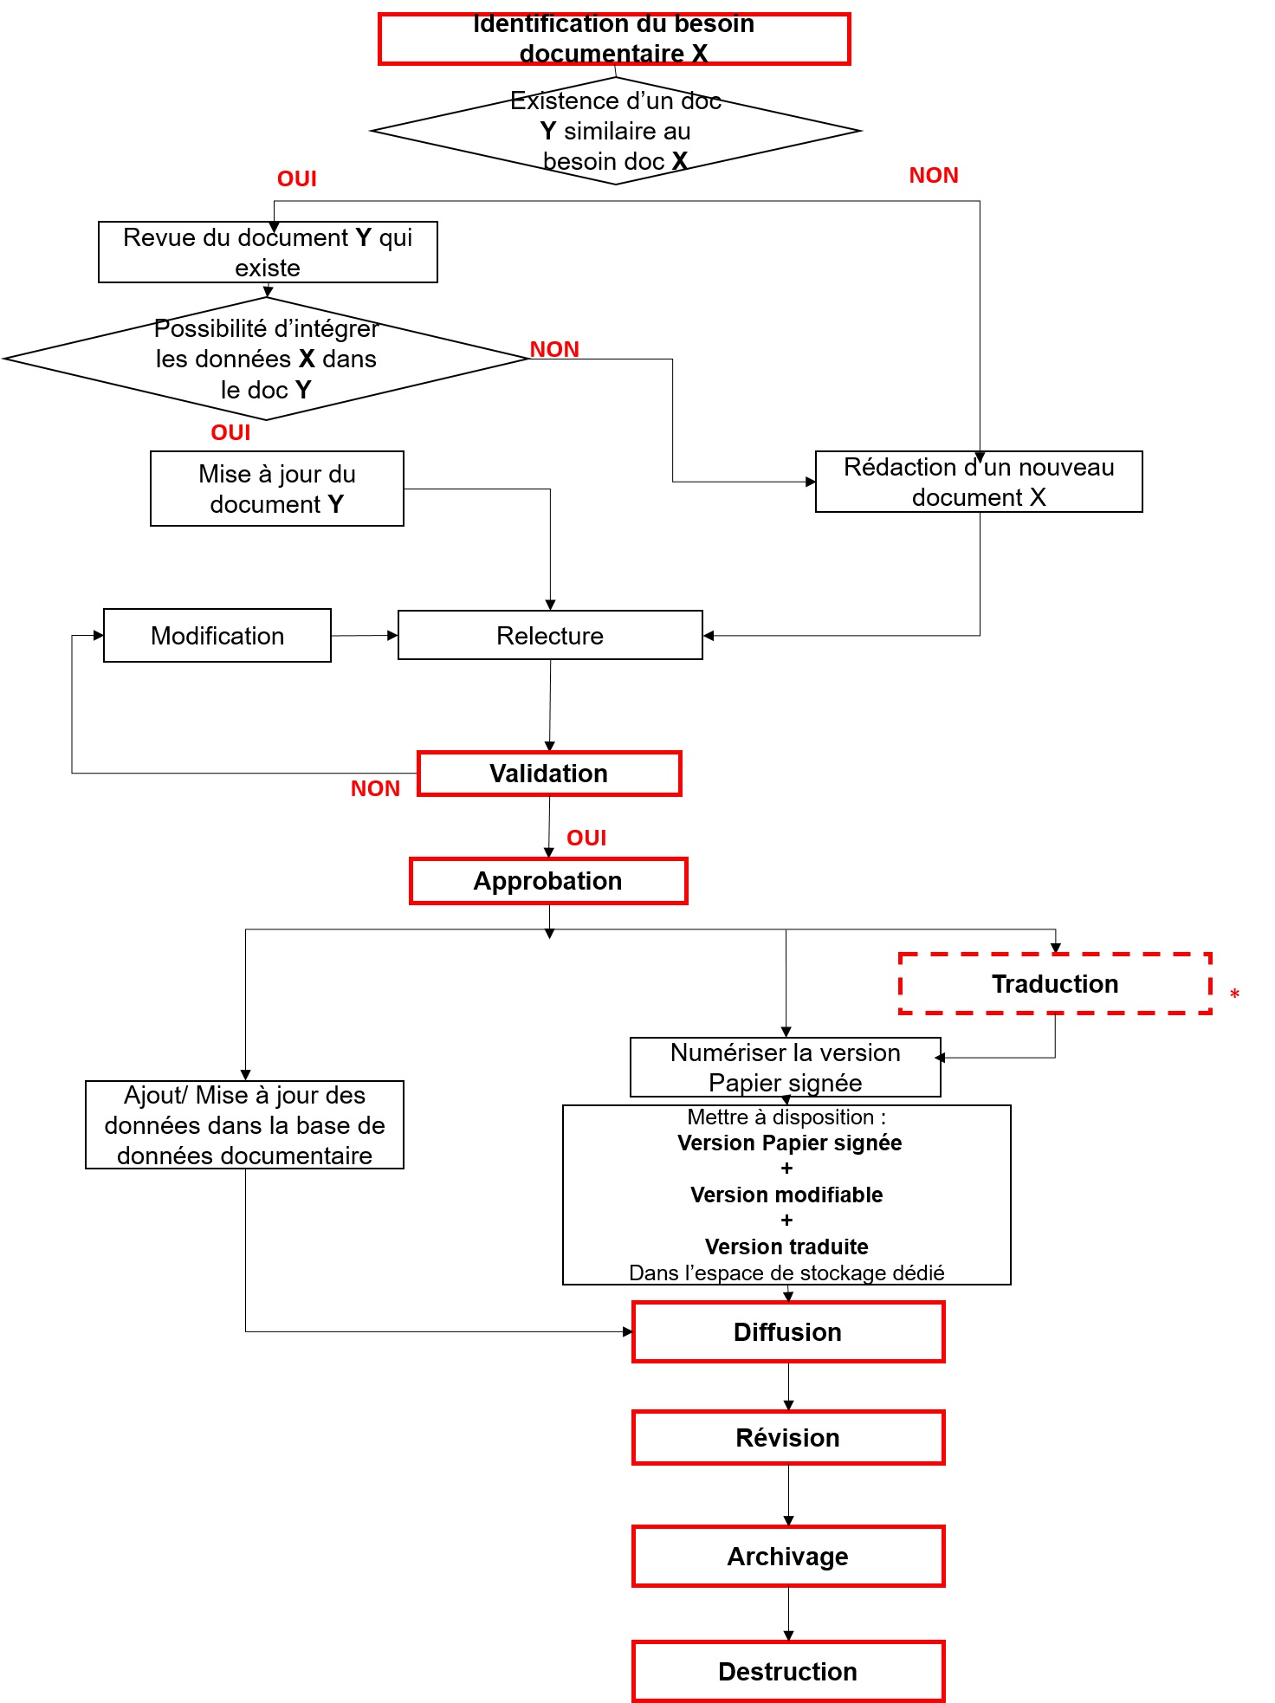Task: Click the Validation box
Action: pos(549,774)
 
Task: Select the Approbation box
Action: pos(548,881)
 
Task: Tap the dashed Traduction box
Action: pos(1055,984)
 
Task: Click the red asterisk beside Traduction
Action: pos(1234,994)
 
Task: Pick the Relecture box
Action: pos(550,635)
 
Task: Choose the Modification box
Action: pos(217,635)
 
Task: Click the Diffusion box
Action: pos(787,1331)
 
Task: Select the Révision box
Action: pos(787,1438)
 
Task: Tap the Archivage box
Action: pos(787,1557)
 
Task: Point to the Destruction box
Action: pos(787,1672)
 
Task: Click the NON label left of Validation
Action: pos(375,788)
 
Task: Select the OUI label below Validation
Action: pos(586,838)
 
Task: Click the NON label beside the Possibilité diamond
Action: pos(554,349)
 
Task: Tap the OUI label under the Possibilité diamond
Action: pos(230,432)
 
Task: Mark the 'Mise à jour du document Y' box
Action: pos(277,489)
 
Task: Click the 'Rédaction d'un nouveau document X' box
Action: pos(979,482)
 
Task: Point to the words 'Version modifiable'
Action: pos(786,1195)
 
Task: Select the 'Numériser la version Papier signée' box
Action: pos(785,1067)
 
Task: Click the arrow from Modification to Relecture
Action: pos(364,635)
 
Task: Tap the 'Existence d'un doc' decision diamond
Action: pos(615,131)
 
